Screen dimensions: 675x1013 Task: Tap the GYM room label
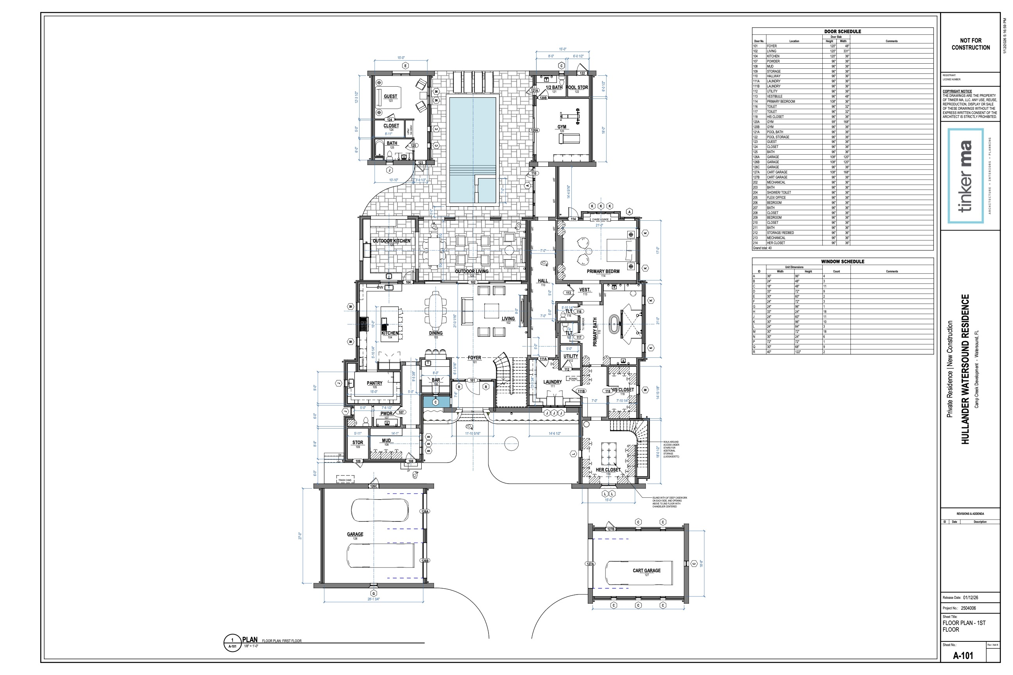click(562, 127)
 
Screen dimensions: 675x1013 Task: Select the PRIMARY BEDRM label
click(603, 271)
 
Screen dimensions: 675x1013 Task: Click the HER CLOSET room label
click(608, 470)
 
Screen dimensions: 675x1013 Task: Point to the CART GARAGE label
click(646, 571)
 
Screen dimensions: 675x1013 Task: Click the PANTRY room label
click(374, 383)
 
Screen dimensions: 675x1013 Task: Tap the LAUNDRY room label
click(552, 382)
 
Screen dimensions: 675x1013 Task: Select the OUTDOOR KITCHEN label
click(391, 241)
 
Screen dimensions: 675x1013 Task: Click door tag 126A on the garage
click(425, 512)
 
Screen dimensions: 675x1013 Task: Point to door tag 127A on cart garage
click(590, 564)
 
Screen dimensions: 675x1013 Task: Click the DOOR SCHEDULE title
click(843, 31)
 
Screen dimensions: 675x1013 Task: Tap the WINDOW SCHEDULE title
click(843, 262)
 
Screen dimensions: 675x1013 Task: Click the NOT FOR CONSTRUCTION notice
click(970, 44)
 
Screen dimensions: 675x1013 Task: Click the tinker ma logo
click(965, 176)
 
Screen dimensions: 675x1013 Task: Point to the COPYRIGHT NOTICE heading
click(957, 91)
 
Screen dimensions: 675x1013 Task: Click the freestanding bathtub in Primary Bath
click(614, 323)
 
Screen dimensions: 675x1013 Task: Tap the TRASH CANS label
click(345, 480)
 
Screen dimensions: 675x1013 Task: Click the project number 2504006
click(968, 608)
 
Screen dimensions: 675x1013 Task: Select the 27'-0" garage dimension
click(300, 536)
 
